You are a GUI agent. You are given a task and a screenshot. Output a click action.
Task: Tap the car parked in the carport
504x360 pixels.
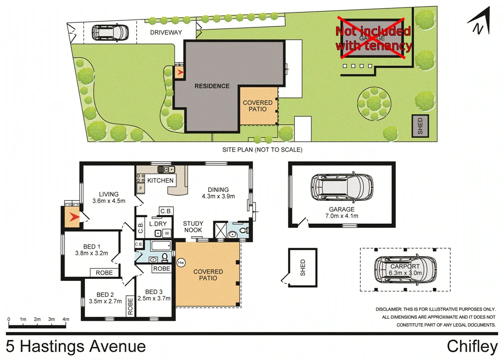pyautogui.click(x=405, y=270)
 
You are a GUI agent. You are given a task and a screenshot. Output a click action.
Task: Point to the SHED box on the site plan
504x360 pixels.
pyautogui.click(x=420, y=126)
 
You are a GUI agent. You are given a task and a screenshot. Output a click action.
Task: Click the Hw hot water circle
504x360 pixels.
pyautogui.click(x=181, y=262)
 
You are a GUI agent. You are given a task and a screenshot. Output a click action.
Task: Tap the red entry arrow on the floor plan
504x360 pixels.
pyautogui.click(x=75, y=217)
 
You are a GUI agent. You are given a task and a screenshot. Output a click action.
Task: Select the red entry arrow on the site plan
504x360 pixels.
pyautogui.click(x=179, y=73)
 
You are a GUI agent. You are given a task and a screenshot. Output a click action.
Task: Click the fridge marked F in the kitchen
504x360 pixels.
pyautogui.click(x=141, y=189)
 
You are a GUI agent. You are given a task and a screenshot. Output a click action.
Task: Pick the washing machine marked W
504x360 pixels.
pyautogui.click(x=167, y=233)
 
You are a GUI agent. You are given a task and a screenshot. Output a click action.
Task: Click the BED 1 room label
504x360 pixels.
pyautogui.click(x=92, y=247)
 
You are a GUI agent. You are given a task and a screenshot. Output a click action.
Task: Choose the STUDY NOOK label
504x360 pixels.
pyautogui.click(x=192, y=227)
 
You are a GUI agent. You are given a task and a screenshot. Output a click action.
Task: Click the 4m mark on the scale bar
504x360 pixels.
pyautogui.click(x=66, y=319)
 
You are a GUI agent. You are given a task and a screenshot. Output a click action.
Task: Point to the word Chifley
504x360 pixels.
pyautogui.click(x=472, y=346)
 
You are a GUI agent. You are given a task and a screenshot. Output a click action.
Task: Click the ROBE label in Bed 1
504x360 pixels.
pyautogui.click(x=104, y=273)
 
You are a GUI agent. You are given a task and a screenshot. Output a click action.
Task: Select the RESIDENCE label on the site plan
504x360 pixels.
pyautogui.click(x=212, y=86)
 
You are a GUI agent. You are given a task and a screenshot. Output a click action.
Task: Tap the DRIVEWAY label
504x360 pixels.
pyautogui.click(x=167, y=33)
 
